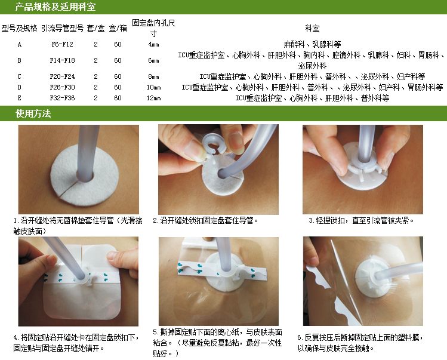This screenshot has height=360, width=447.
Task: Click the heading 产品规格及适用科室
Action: pos(56,7)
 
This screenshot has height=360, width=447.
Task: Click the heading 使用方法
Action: pos(33,113)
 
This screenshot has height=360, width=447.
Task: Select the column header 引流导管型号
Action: pos(63,28)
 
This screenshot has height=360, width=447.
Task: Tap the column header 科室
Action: pos(312,28)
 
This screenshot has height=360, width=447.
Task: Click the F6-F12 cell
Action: pos(62,44)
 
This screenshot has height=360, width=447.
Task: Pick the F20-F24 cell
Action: pos(62,76)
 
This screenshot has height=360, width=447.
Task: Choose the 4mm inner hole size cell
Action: pos(153,44)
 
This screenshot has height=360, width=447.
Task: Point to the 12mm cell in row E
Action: pos(153,98)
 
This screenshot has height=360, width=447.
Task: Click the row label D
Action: pos(19,87)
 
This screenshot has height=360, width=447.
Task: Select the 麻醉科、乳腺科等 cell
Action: pos(312,44)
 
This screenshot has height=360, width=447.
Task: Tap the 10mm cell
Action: pos(153,87)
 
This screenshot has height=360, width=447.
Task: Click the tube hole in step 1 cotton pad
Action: pos(85,176)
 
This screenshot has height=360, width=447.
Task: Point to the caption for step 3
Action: pos(361,220)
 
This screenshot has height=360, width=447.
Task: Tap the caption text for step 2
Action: pos(205,220)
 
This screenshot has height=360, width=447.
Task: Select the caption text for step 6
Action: pos(360,343)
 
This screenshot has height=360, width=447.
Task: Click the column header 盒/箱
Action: pos(118,28)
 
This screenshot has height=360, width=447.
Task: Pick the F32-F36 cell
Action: pos(62,98)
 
